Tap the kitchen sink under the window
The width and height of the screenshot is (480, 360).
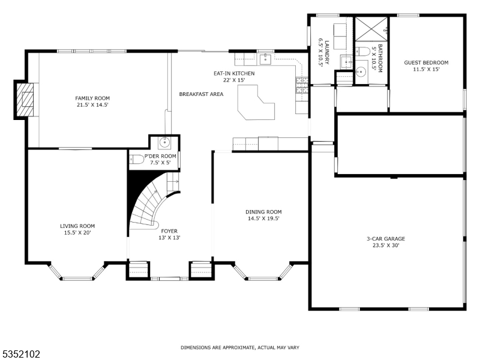coord(265,59)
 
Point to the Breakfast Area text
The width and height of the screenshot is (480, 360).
coord(201,94)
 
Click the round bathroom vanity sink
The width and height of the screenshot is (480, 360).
coord(361,72)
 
